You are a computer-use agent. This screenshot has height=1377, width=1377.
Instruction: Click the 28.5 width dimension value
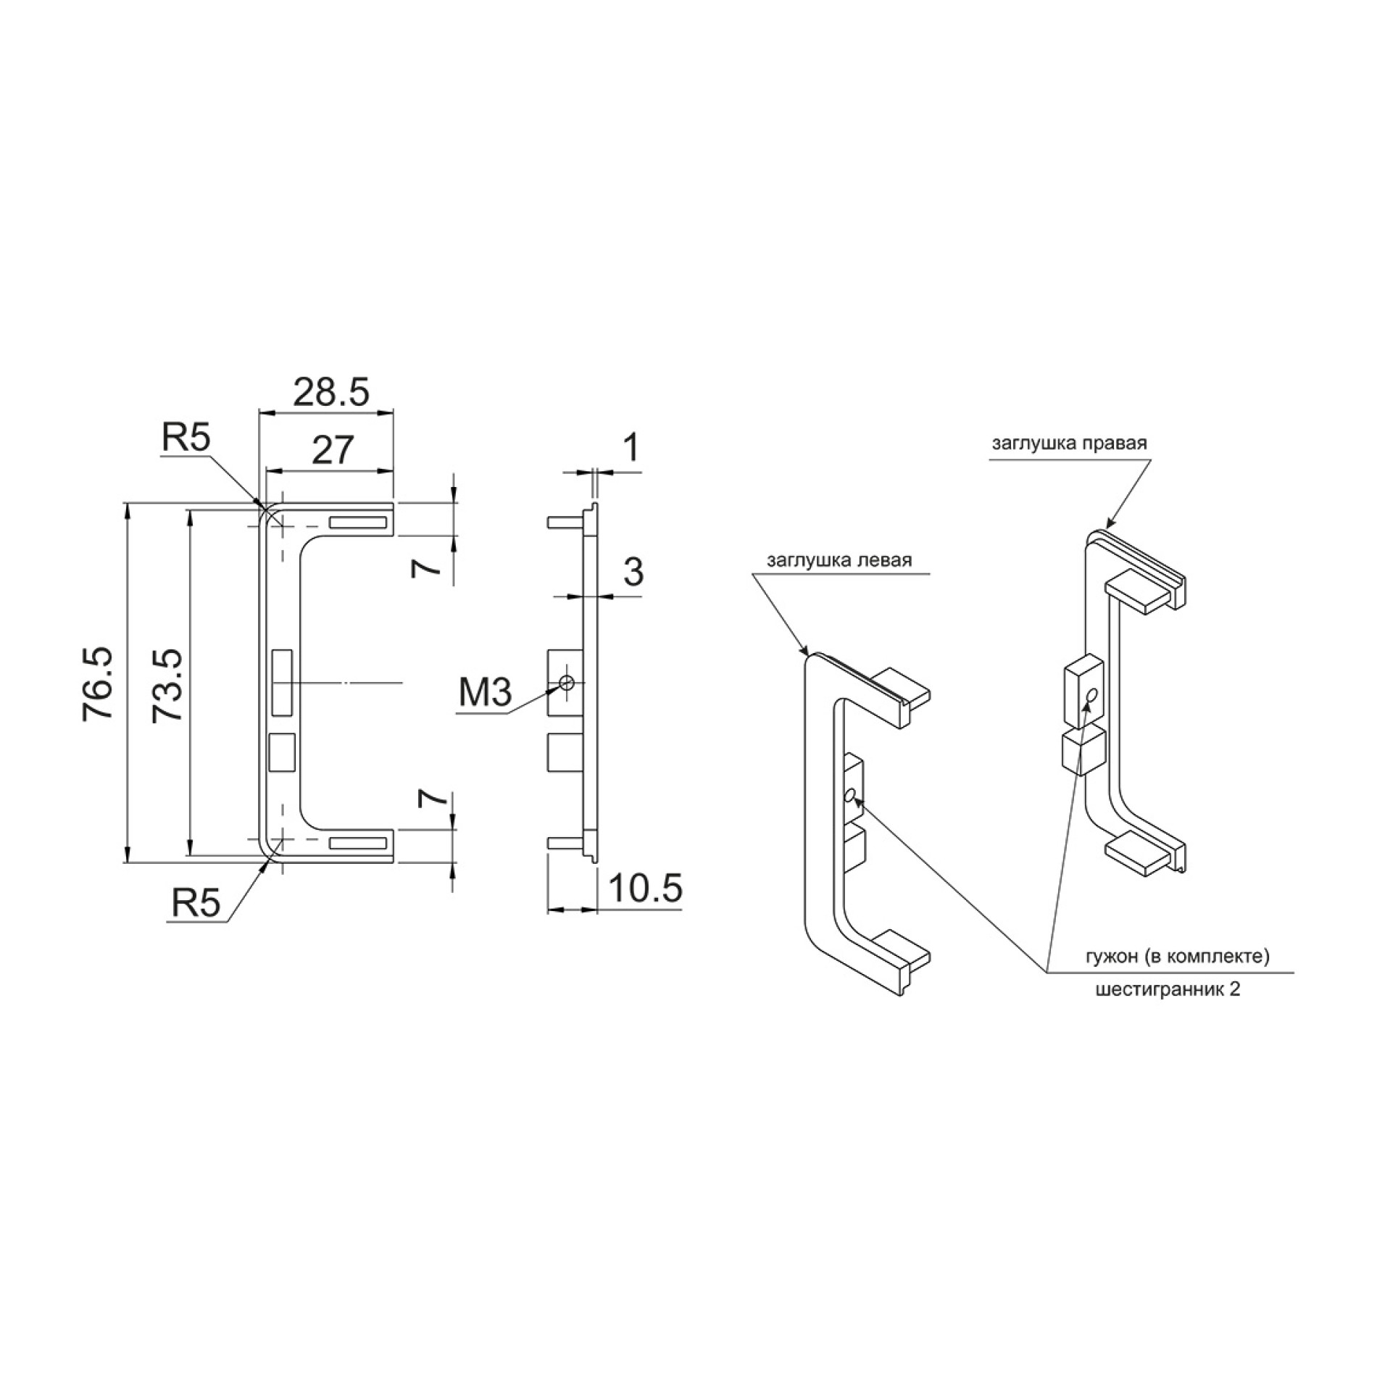(x=331, y=392)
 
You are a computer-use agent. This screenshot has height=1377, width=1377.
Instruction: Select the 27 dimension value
(x=333, y=450)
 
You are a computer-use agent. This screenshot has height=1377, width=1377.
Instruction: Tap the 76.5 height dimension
(x=99, y=683)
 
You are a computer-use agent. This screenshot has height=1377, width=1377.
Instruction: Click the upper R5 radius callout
(x=186, y=438)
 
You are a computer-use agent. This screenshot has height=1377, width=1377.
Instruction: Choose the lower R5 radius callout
(x=196, y=904)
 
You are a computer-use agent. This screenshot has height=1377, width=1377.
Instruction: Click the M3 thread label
(x=485, y=693)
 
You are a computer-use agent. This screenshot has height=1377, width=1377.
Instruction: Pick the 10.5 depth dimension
(x=645, y=889)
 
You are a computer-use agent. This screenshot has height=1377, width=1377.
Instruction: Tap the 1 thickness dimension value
(x=632, y=447)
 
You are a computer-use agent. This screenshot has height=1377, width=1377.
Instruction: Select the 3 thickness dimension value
(x=633, y=572)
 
